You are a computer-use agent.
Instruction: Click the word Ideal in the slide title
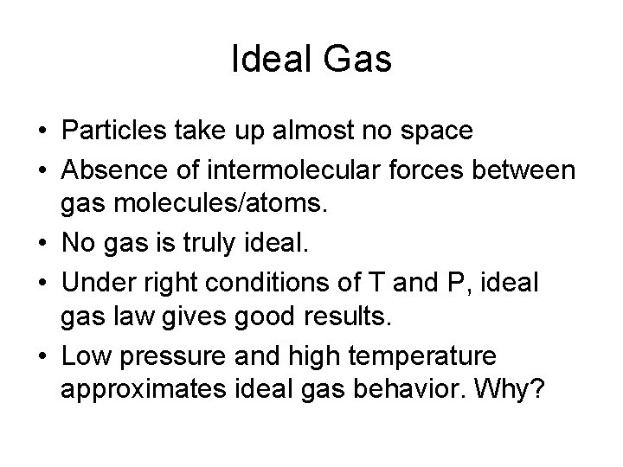pyautogui.click(x=275, y=60)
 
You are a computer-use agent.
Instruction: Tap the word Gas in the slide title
pyautogui.click(x=359, y=60)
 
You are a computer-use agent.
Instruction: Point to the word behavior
pyautogui.click(x=408, y=392)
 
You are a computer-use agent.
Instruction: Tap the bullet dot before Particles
pyautogui.click(x=42, y=132)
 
